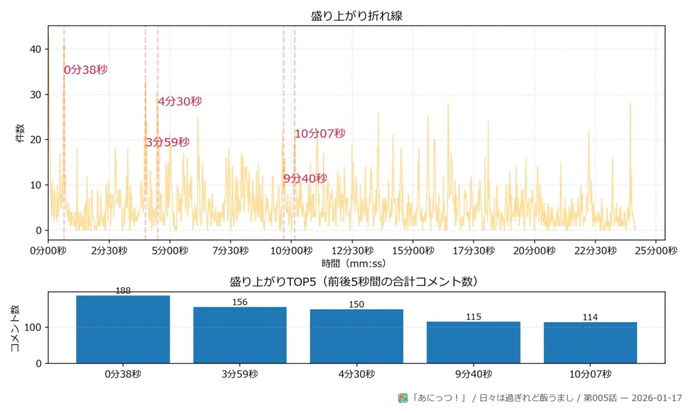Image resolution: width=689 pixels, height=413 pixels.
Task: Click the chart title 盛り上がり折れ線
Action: point(357,16)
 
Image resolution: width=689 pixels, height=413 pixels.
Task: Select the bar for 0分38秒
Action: point(123,330)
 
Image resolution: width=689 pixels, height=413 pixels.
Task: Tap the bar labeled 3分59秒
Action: point(240,335)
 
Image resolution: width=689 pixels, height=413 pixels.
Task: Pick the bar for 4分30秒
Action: point(357,336)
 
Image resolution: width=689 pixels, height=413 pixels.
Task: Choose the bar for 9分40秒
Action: point(474,342)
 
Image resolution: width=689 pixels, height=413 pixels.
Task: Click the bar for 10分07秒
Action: point(590,342)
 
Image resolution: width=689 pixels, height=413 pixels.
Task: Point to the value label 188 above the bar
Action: point(123,291)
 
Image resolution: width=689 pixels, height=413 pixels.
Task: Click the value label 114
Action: point(590,317)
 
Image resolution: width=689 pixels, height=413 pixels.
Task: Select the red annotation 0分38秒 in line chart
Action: point(86,69)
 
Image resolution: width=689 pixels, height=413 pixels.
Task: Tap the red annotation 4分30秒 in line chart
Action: point(180,102)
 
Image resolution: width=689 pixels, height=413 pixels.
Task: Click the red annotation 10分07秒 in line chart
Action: point(320,134)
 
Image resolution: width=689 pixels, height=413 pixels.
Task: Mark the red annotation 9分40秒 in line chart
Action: point(305,178)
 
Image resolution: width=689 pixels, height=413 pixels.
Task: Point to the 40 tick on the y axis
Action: point(36,49)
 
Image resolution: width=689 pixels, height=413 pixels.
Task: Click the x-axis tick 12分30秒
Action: point(352,250)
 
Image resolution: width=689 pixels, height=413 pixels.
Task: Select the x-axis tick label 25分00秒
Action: point(656,250)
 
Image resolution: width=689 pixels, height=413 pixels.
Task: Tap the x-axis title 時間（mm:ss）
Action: point(357,263)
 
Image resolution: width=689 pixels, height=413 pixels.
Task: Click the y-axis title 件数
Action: point(20,133)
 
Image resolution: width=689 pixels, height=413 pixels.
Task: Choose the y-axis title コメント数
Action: point(15,328)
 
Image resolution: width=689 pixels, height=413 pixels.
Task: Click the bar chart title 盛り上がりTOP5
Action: point(357,281)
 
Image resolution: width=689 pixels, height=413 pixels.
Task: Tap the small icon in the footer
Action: point(403,398)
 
